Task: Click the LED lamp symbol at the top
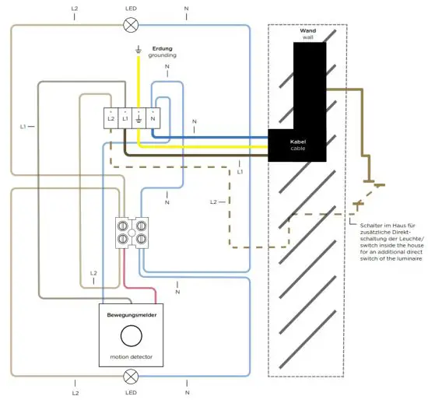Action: [x=131, y=25]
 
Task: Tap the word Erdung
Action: [x=162, y=48]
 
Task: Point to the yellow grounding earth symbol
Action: [x=139, y=51]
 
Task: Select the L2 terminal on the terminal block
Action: [x=111, y=118]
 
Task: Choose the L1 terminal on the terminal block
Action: [x=125, y=118]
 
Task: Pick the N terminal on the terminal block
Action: [x=153, y=118]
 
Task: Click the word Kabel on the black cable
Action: [x=297, y=142]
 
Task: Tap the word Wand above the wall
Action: [x=307, y=30]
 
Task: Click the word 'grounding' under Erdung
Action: [x=163, y=56]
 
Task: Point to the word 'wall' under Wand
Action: [x=307, y=38]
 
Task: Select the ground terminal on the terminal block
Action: [x=139, y=118]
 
